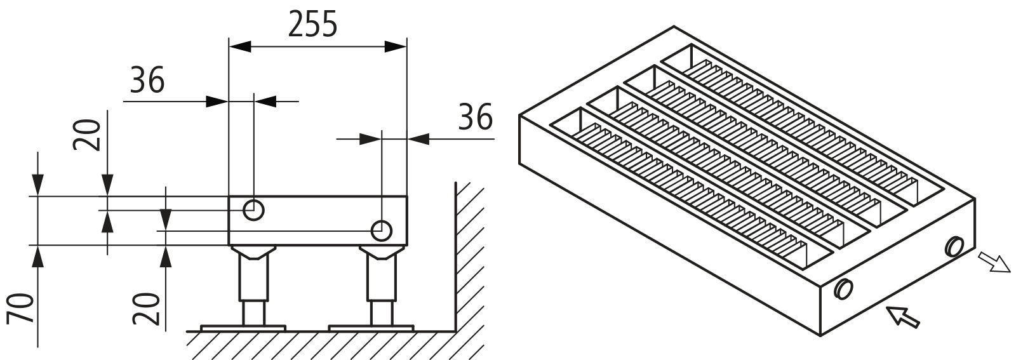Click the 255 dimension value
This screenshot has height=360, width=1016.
(x=313, y=25)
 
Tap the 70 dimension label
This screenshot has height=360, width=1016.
(x=21, y=308)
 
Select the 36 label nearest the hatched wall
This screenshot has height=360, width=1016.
(x=475, y=117)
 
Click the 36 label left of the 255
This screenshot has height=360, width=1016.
(x=147, y=79)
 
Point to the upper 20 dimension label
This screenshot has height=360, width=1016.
(x=86, y=135)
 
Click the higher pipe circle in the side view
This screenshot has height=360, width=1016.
(x=253, y=210)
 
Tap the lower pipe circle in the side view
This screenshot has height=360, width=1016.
(x=382, y=230)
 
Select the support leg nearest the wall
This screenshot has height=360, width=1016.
(x=382, y=286)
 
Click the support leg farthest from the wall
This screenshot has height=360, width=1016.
(x=253, y=286)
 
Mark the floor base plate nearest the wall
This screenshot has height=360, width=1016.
(x=371, y=328)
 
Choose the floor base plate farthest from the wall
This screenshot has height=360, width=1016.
(x=243, y=328)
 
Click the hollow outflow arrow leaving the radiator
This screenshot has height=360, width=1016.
(x=994, y=262)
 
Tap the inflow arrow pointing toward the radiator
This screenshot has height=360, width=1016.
(x=902, y=316)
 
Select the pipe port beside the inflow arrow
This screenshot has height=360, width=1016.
(x=843, y=289)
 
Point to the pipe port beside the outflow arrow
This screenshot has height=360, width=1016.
(x=954, y=246)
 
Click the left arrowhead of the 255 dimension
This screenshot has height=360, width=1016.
(x=239, y=46)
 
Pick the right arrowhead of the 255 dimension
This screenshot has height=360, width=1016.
(x=396, y=46)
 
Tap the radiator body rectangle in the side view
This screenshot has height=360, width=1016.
(x=317, y=221)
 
